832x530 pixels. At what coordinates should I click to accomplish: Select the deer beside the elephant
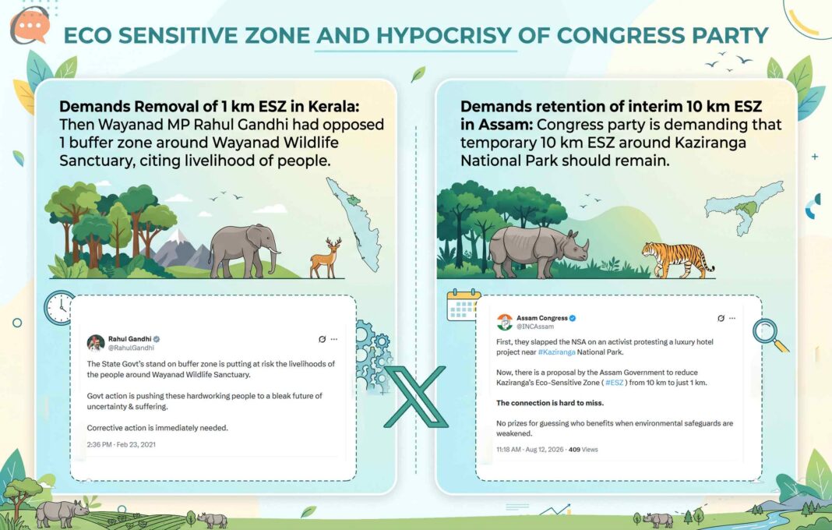(x=326, y=258)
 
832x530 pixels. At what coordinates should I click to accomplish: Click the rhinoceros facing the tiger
(x=537, y=251)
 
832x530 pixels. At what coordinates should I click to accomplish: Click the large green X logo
(x=416, y=396)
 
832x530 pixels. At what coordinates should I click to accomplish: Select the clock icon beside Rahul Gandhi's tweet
(x=59, y=308)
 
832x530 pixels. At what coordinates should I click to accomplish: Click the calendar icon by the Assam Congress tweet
(x=463, y=306)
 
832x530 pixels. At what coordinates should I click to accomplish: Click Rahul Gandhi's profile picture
(x=96, y=343)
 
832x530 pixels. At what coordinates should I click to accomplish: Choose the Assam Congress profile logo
(x=505, y=322)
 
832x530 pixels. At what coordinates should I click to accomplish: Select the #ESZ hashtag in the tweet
(x=615, y=383)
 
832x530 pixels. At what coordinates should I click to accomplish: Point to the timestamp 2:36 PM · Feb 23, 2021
(x=122, y=444)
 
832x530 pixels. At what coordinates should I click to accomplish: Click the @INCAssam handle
(x=535, y=327)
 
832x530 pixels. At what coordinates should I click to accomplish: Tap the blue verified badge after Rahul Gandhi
(x=157, y=339)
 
